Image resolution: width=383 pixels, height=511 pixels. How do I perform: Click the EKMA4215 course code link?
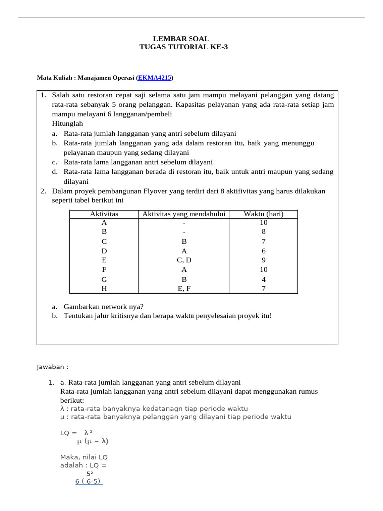coord(155,78)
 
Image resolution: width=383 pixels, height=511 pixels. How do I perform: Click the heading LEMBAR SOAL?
coord(181,39)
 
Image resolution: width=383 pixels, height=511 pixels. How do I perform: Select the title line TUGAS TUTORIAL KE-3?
coord(181,47)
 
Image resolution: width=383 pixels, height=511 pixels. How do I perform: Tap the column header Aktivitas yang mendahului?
coord(184,214)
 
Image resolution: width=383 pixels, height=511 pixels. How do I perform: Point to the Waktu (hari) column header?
coord(263,214)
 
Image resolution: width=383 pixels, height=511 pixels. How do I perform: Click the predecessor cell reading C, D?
coord(184,260)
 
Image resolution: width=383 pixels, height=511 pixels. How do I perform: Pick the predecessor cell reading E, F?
coord(184,288)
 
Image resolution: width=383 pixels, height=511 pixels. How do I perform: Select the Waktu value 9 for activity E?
coord(263,260)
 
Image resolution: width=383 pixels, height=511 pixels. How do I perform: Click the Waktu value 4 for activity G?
coord(263,279)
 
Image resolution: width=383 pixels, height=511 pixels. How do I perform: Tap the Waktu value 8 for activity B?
coord(263,232)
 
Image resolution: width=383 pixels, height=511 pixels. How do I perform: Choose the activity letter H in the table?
coord(104,288)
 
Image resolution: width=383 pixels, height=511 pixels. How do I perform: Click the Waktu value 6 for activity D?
coord(263,251)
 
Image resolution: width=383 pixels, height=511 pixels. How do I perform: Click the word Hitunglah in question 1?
coord(67,123)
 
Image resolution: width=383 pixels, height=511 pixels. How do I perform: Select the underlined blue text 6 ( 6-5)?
coord(89,482)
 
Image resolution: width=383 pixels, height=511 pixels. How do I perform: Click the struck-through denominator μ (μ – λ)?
coord(93,441)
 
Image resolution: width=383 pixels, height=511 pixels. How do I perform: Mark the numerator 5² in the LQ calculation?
coord(90,473)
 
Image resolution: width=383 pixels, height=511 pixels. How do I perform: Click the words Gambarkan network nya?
coord(103,307)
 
